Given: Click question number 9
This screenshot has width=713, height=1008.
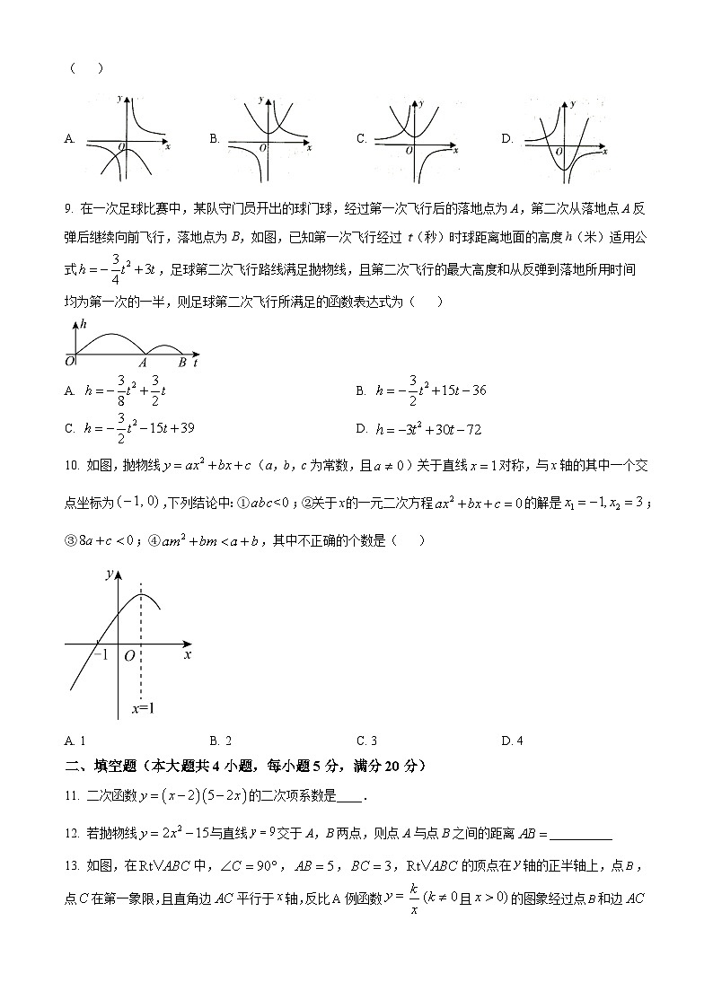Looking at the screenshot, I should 68,210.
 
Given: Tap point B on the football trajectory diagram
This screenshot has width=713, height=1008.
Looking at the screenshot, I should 182,362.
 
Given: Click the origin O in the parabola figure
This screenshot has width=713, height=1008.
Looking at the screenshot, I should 129,656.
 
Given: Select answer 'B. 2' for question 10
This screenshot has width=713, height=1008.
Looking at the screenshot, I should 221,741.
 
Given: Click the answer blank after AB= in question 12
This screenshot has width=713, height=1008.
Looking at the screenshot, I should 581,835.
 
